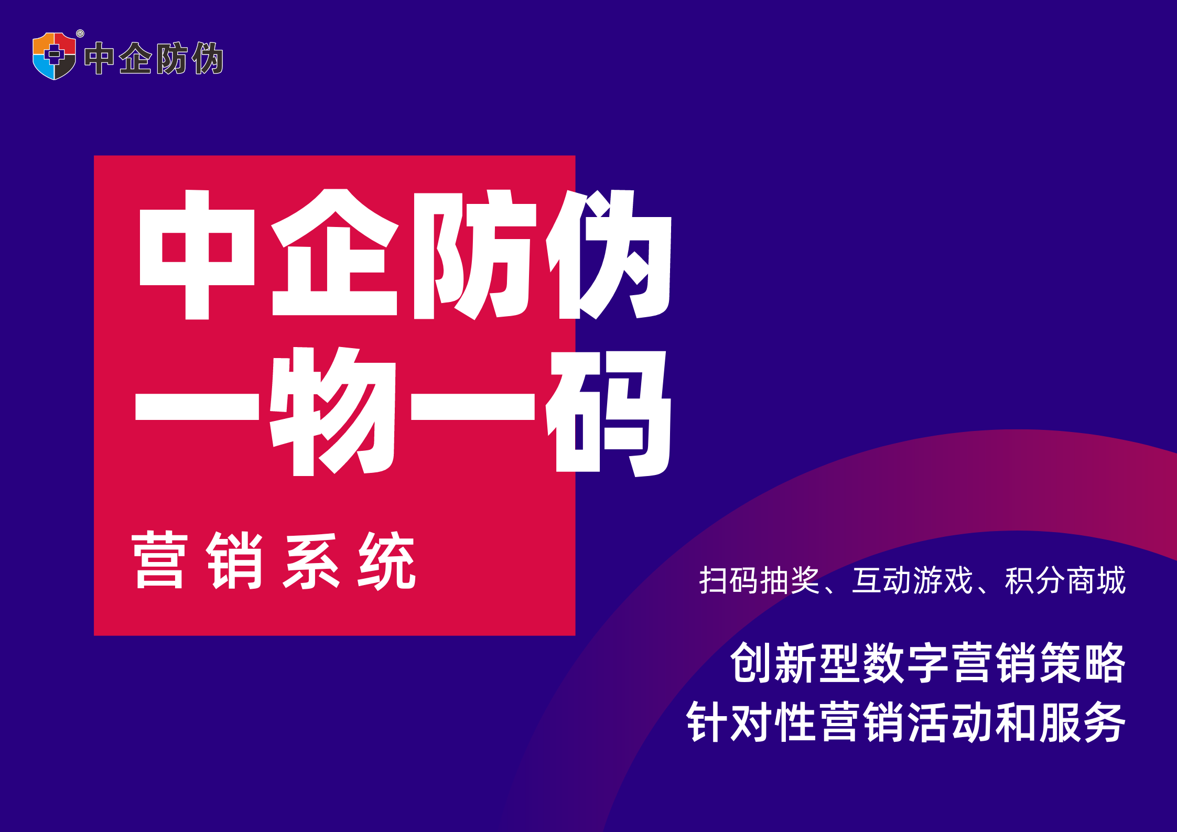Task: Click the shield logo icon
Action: (54, 56)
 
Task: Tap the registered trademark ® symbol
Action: (80, 34)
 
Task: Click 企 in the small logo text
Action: (135, 58)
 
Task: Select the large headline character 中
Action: (197, 254)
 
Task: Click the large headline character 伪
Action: (609, 254)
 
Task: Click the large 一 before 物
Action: (197, 408)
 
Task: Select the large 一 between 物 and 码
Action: (473, 408)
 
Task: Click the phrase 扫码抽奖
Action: (759, 580)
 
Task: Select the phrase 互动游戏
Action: (912, 580)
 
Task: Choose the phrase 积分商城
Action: (1065, 580)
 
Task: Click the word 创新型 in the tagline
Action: (796, 663)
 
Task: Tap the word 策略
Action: (1083, 663)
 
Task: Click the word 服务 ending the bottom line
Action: (1083, 722)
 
